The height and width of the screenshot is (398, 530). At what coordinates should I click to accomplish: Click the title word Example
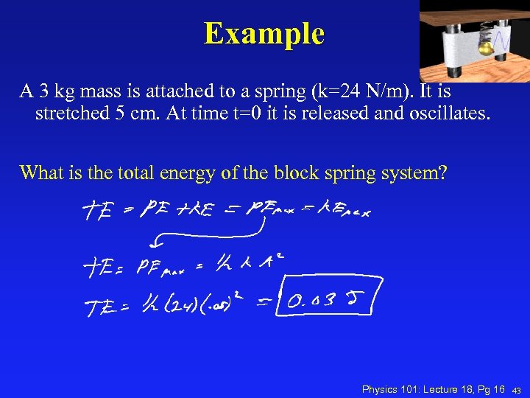264,33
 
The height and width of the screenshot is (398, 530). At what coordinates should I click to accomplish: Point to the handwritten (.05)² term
228,300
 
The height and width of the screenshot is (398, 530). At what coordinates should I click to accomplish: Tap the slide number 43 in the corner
517,390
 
